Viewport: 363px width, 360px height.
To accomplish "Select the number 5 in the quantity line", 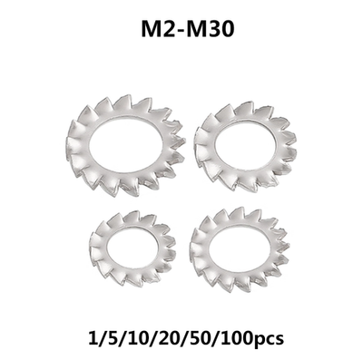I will (103, 336).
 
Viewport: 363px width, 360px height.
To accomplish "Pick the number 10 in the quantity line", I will (128, 336).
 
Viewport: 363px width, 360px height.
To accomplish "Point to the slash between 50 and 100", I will (211, 336).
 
